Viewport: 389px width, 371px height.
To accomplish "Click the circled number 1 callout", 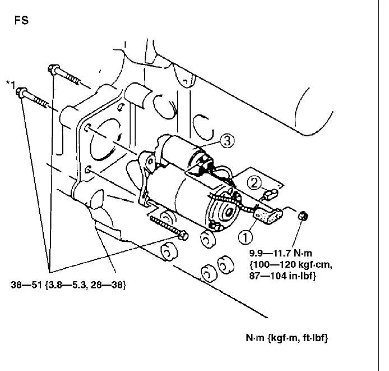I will pos(246,237).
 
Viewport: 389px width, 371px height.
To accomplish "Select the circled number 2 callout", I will pos(255,181).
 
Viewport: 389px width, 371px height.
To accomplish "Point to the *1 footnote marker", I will pos(10,85).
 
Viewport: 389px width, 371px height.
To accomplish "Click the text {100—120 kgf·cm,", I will pos(285,265).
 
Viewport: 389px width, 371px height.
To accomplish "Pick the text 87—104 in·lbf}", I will pos(284,276).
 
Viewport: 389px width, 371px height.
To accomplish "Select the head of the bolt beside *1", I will pos(22,92).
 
